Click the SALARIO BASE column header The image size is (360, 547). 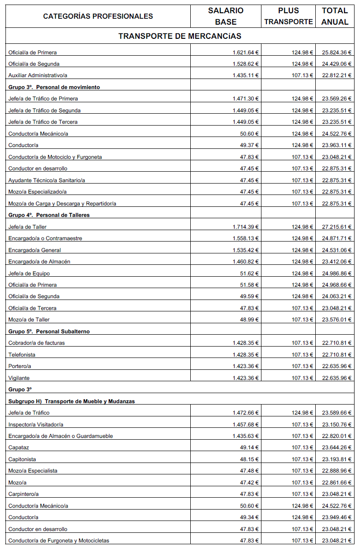coord(225,16)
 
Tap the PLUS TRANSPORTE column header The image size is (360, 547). coord(288,16)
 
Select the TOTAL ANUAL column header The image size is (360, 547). coord(334,16)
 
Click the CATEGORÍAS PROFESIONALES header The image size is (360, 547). coord(98,16)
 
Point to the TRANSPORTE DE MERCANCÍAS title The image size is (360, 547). coord(180,36)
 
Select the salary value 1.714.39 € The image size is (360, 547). coord(245,227)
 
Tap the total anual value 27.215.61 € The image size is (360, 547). coord(337,227)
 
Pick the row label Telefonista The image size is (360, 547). coord(22,355)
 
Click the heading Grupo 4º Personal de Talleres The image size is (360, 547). coord(49,215)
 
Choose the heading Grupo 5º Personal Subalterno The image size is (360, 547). coord(49,331)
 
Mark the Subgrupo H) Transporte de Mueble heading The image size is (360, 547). coord(72,401)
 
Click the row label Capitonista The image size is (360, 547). coord(22,459)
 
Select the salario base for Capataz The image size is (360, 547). coord(250,447)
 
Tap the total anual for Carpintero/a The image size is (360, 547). coord(337,494)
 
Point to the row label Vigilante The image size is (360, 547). coord(19,378)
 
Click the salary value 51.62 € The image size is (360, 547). coord(250,273)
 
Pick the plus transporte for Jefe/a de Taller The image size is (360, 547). coord(303,227)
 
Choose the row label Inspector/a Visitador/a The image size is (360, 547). coord(36,425)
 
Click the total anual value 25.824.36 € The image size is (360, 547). coord(337,53)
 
